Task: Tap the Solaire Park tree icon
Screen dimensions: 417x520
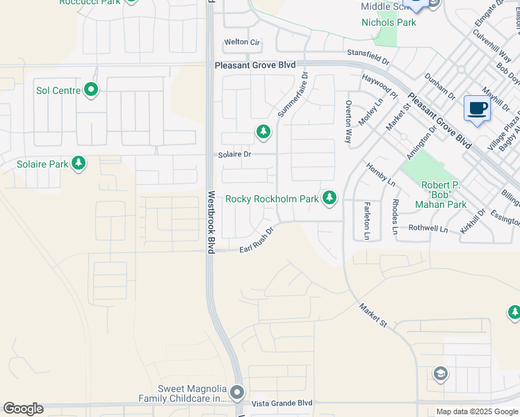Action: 79,164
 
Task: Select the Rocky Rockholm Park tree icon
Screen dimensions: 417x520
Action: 330,199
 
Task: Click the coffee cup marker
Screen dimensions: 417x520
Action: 477,108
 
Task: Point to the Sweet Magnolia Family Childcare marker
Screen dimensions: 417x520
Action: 237,393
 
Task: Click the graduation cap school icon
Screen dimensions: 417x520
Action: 440,375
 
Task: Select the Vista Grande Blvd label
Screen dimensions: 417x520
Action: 283,403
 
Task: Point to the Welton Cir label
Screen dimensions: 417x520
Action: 241,42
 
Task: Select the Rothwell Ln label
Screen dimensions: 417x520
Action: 428,228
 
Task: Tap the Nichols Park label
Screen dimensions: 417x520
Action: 389,22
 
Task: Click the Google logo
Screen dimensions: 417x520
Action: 23,409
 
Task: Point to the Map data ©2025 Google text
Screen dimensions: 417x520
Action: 477,411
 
